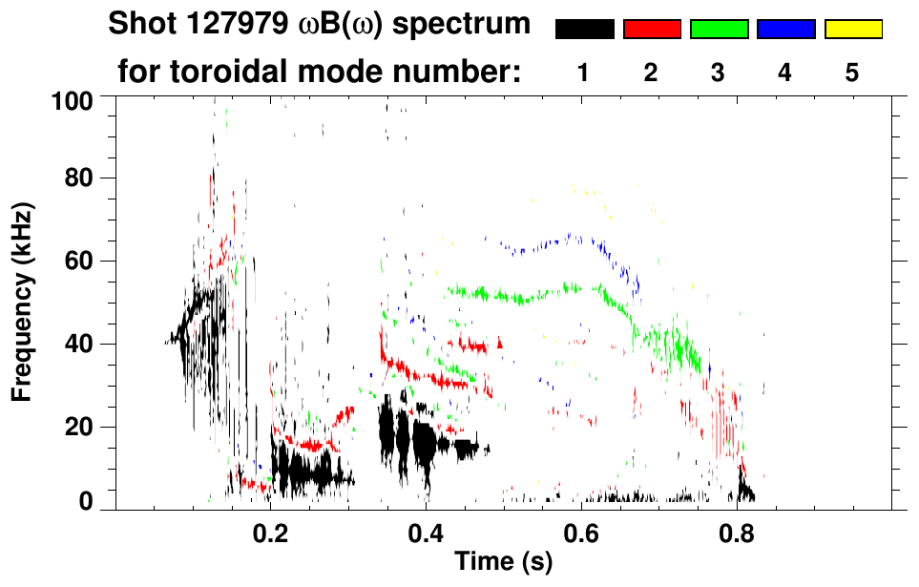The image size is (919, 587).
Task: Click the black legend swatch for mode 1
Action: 584,30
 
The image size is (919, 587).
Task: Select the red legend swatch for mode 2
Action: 652,30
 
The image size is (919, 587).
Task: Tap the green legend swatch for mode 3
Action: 719,30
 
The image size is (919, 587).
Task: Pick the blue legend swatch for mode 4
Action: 785,30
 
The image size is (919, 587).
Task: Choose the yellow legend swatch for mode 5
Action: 852,30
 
